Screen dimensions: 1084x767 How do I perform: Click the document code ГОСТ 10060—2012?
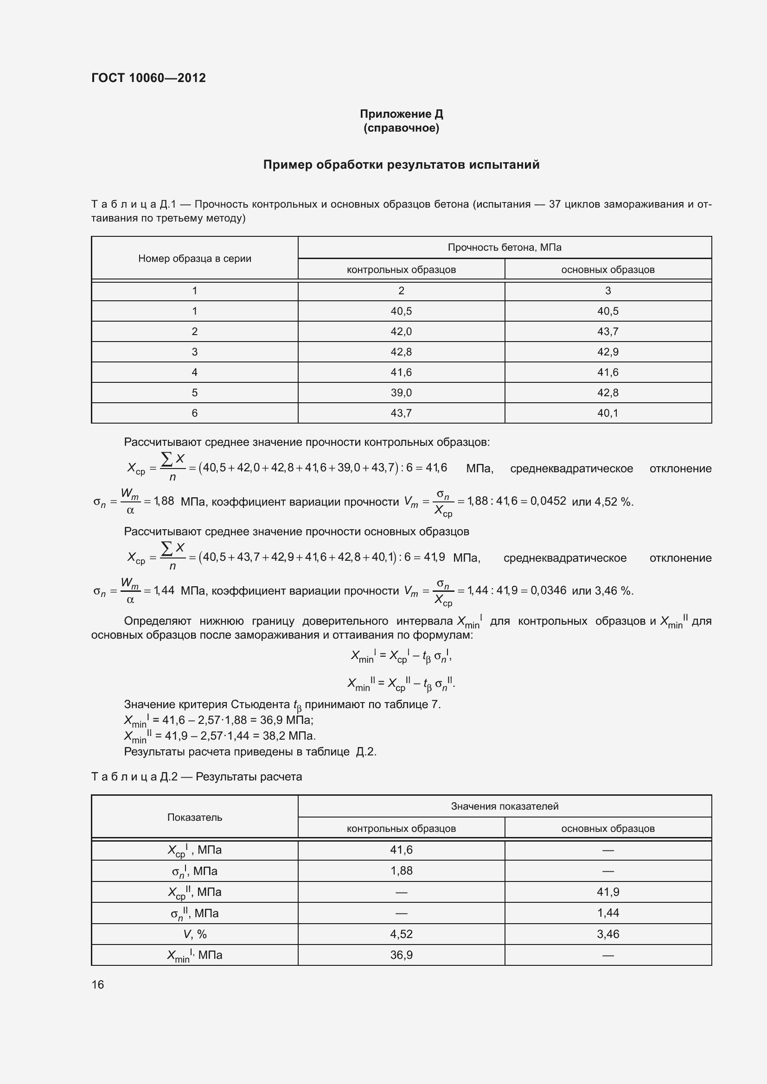(148, 78)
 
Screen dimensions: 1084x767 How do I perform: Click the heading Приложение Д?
(401, 114)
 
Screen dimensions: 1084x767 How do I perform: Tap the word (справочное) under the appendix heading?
(401, 128)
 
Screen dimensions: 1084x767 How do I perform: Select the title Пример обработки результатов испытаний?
(401, 165)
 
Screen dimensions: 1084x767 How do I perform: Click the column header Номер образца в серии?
(195, 258)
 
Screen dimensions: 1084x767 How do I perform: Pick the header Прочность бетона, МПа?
(505, 247)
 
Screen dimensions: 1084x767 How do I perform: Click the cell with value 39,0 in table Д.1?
(401, 393)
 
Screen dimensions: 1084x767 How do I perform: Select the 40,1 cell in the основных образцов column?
(608, 413)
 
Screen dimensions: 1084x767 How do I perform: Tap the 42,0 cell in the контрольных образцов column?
(401, 331)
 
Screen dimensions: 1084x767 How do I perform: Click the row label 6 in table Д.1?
(195, 413)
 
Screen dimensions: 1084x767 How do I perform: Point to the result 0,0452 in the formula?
(548, 501)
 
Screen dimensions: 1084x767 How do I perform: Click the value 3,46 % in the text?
(614, 591)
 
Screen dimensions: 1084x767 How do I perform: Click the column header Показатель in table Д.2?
(195, 817)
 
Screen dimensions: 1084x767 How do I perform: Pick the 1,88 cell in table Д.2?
(401, 871)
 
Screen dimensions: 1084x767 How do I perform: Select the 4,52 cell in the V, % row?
(401, 934)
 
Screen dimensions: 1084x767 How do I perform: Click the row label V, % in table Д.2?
(195, 934)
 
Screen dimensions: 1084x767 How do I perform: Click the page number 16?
(98, 984)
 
